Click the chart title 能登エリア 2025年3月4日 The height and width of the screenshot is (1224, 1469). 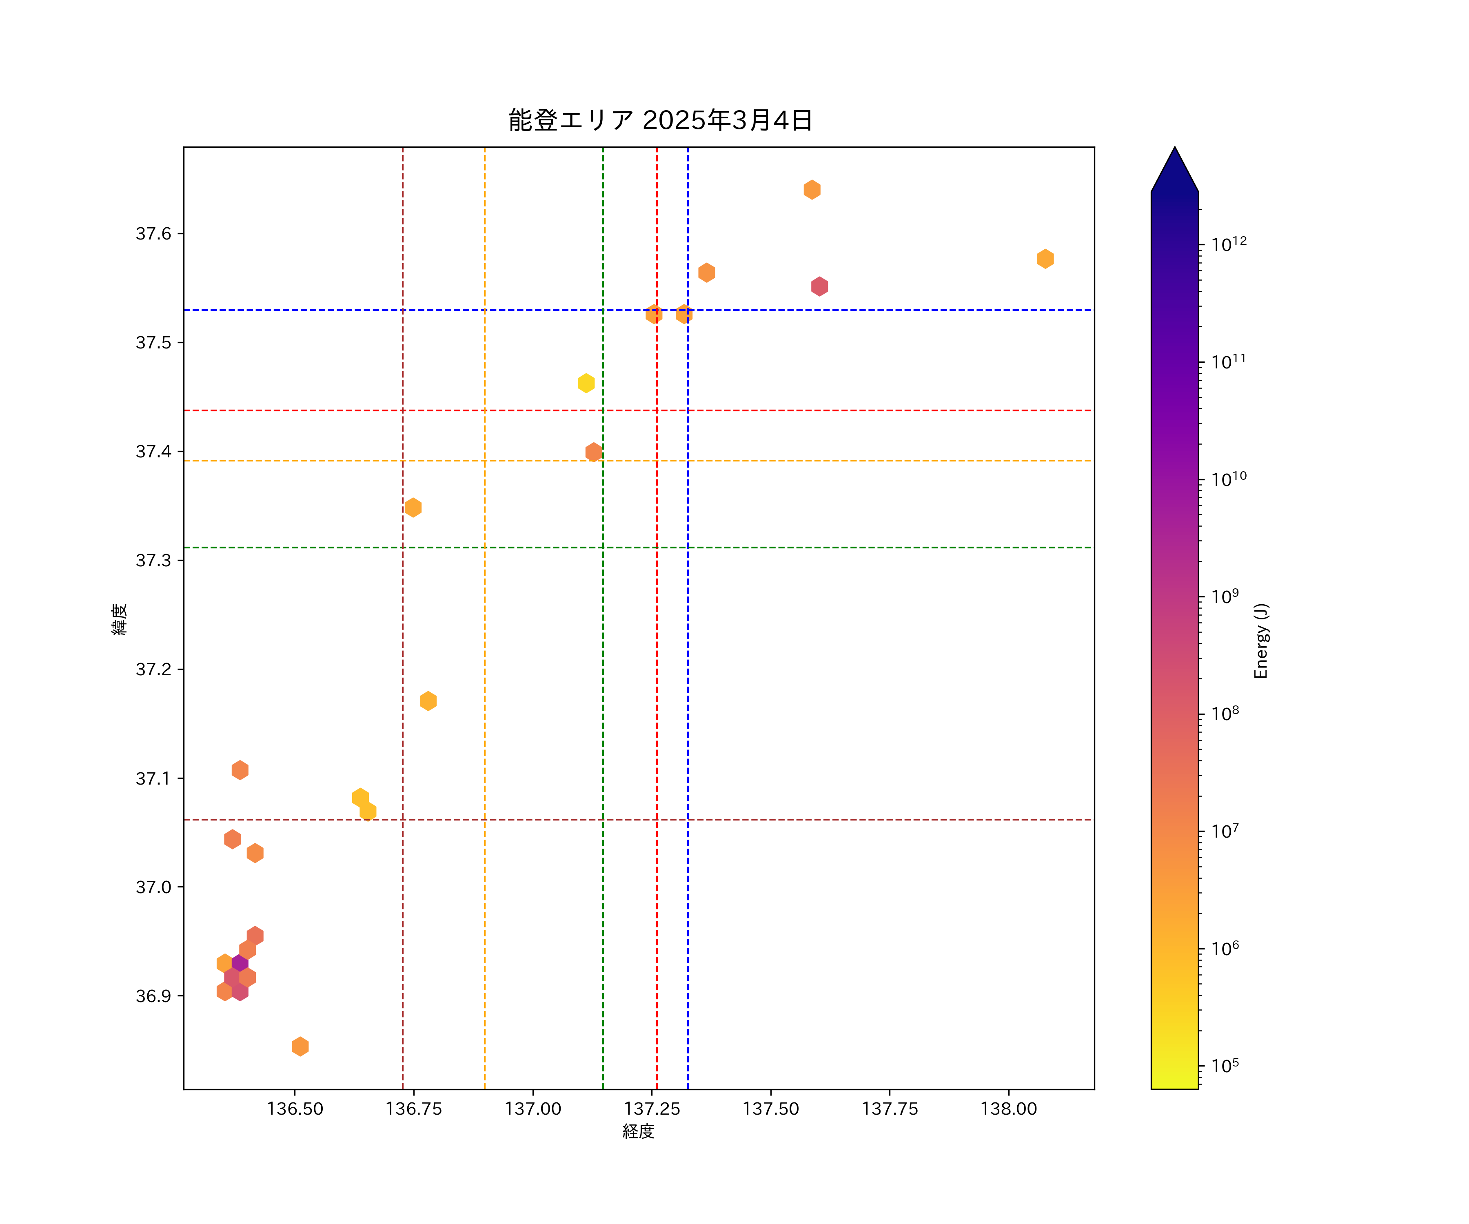[x=660, y=120]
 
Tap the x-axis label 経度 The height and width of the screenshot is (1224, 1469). [x=638, y=1131]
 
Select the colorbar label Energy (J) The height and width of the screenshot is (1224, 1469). [x=1260, y=641]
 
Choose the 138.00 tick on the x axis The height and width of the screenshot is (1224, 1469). [x=1008, y=1109]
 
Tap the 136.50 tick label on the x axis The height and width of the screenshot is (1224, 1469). [x=295, y=1109]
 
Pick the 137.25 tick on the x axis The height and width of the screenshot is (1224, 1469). [x=652, y=1109]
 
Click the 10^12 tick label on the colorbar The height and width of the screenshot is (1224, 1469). [x=1228, y=244]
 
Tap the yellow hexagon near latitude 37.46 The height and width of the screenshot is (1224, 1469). [x=586, y=383]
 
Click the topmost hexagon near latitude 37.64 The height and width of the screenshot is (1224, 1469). [x=812, y=190]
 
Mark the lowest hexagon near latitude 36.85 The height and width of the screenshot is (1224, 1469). [x=300, y=1047]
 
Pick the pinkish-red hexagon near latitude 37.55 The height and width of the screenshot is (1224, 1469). [x=819, y=286]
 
